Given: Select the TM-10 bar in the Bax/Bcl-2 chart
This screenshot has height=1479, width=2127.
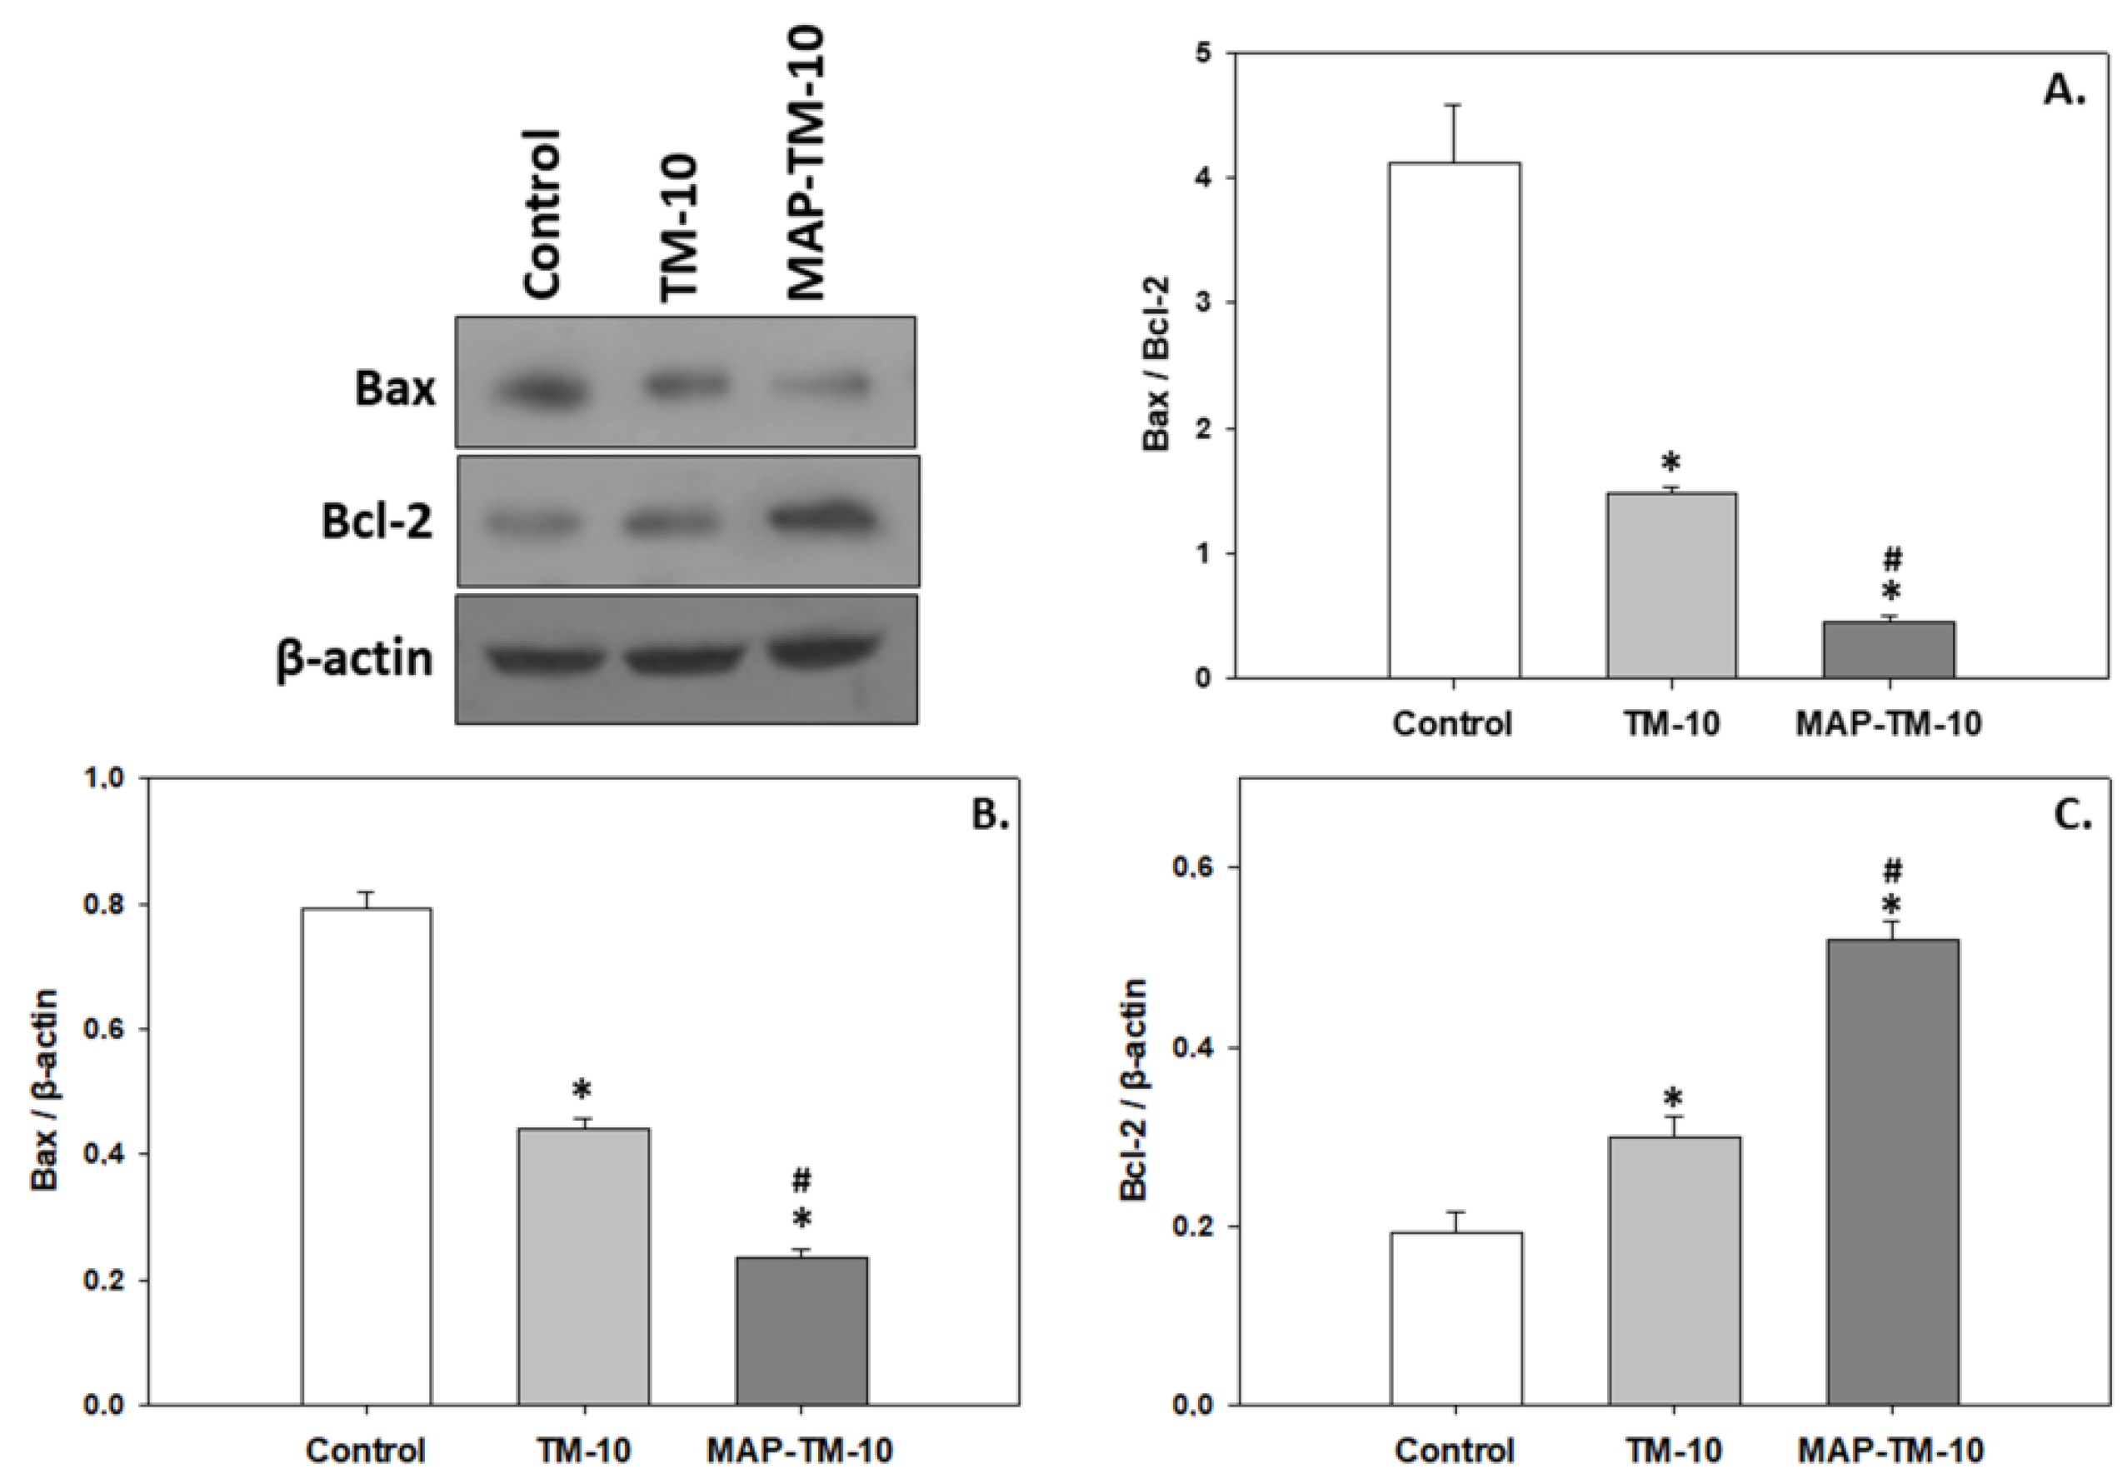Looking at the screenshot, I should [x=1671, y=585].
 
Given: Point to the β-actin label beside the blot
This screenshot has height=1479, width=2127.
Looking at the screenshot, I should [x=355, y=660].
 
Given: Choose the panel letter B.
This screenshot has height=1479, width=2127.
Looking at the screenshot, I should [x=988, y=813].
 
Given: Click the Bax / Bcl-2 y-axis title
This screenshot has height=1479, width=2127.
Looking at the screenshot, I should [x=1157, y=364].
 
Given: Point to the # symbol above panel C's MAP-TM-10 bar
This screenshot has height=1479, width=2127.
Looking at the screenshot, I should [x=1893, y=871].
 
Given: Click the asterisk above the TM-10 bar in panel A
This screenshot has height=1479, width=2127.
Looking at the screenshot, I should [x=1671, y=461].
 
